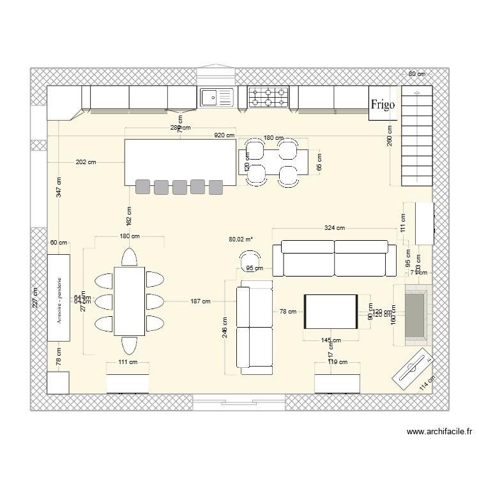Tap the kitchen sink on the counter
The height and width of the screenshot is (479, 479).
click(x=217, y=97)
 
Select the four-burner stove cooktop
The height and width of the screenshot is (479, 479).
click(x=268, y=97)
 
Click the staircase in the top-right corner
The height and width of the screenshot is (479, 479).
click(x=416, y=137)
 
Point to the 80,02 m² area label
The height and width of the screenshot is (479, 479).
click(x=241, y=240)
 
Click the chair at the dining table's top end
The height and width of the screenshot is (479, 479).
click(x=130, y=257)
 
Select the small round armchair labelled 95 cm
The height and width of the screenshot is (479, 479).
click(x=248, y=259)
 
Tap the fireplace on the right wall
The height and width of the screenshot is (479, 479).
click(x=416, y=314)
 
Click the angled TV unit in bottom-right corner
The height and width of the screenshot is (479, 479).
click(x=414, y=369)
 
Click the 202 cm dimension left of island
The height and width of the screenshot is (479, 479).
click(x=86, y=162)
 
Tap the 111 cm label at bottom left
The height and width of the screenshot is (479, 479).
click(x=128, y=362)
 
